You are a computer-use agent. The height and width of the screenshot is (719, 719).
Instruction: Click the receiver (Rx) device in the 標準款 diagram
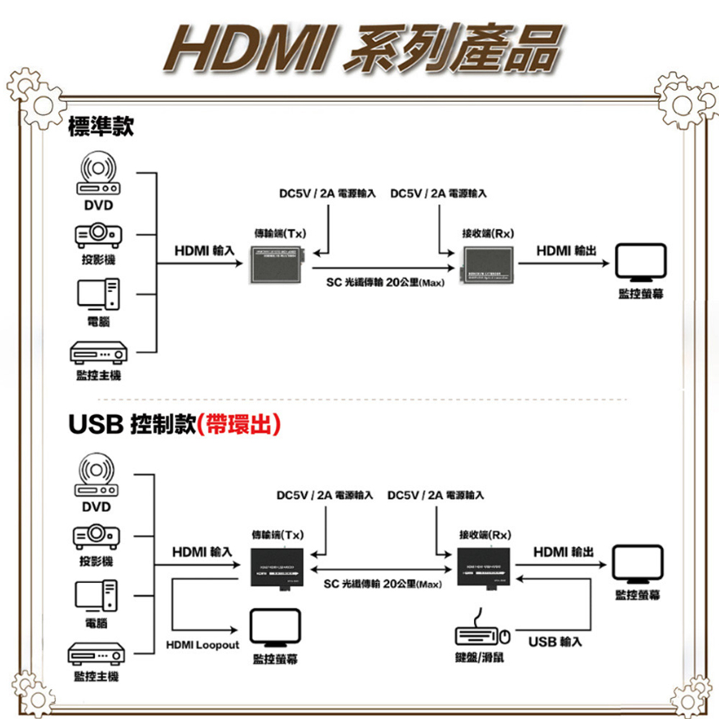point(489,262)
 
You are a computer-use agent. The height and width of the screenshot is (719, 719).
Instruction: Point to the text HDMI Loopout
point(201,645)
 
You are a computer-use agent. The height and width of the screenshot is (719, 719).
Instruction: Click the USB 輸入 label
point(554,641)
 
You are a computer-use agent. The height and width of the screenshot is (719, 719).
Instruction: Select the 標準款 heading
point(101,127)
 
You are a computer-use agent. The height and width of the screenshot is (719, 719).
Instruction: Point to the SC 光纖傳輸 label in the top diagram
point(385,283)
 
